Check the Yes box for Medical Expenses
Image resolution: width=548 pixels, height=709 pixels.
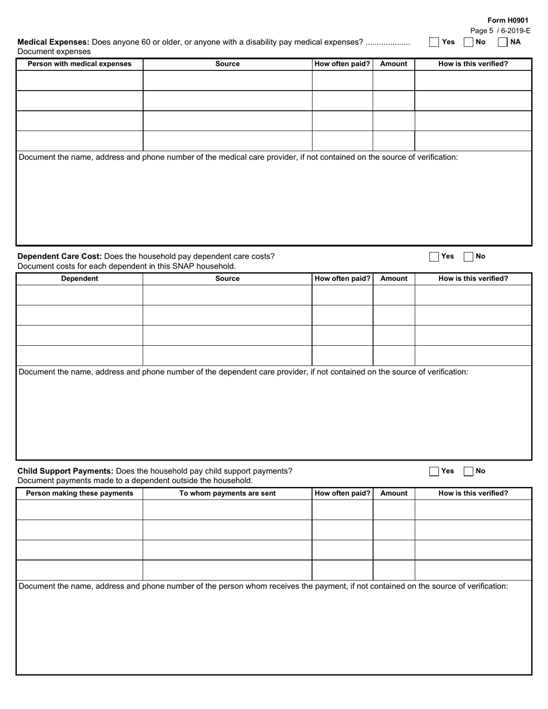tap(434, 42)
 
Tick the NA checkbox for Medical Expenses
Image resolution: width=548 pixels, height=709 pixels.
tap(502, 42)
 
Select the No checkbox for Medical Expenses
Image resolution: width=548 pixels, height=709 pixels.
tap(468, 42)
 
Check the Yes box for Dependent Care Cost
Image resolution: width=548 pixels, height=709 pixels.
tap(434, 257)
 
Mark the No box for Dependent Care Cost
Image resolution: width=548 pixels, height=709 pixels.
tap(468, 257)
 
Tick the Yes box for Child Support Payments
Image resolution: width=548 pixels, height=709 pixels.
tap(434, 471)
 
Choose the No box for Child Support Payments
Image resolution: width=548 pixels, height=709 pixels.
tap(468, 471)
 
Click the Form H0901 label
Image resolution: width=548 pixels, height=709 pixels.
tap(508, 20)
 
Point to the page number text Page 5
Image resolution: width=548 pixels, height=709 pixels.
tap(482, 31)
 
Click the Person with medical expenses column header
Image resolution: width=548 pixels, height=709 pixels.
tap(80, 64)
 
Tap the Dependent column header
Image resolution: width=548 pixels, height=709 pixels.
tap(80, 278)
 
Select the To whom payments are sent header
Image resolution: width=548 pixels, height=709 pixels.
tap(227, 493)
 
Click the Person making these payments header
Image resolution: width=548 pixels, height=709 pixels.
tap(80, 493)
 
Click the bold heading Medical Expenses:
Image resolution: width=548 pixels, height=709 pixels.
tap(53, 42)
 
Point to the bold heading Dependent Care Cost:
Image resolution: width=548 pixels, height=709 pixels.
tap(59, 257)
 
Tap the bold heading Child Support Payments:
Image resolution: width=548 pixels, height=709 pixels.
tap(65, 471)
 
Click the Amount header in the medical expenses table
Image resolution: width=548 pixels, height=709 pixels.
tap(393, 64)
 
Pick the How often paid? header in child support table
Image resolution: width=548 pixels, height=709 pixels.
tap(342, 493)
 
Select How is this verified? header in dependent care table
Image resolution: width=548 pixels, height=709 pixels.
tap(473, 278)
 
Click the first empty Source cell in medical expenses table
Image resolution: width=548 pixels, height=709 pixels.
tap(227, 81)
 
